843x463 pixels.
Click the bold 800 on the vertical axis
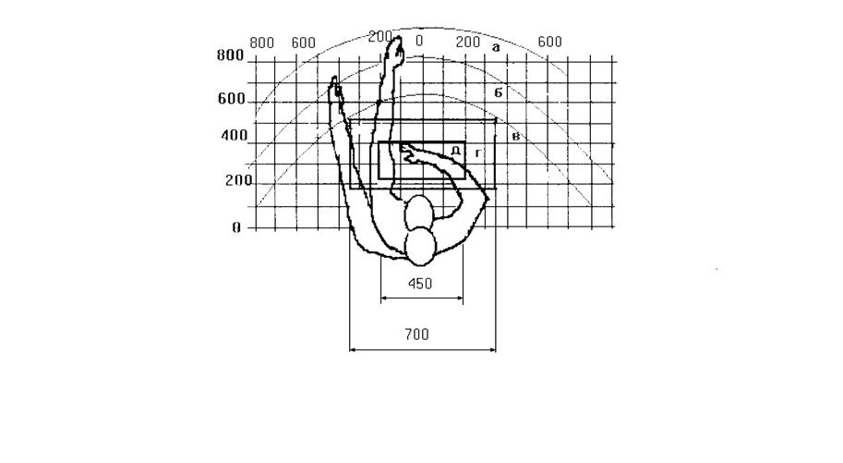[x=230, y=55]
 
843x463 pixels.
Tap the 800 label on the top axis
[x=262, y=43]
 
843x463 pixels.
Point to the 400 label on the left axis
[x=235, y=136]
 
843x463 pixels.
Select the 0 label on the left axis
[x=236, y=228]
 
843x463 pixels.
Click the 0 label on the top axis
[x=419, y=41]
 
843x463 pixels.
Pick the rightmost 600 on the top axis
[x=549, y=42]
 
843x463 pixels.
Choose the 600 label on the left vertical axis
[x=231, y=99]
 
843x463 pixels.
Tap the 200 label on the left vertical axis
[x=239, y=180]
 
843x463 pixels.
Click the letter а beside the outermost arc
[x=496, y=48]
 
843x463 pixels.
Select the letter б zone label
[x=499, y=92]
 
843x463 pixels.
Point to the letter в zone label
[x=515, y=136]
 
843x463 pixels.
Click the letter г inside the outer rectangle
[x=478, y=154]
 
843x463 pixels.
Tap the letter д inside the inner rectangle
[x=455, y=151]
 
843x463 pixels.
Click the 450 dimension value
[x=420, y=284]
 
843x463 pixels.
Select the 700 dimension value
[x=416, y=335]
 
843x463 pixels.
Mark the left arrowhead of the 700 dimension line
[x=353, y=350]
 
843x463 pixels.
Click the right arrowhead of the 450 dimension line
[x=460, y=299]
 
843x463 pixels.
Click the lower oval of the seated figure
[x=420, y=247]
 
